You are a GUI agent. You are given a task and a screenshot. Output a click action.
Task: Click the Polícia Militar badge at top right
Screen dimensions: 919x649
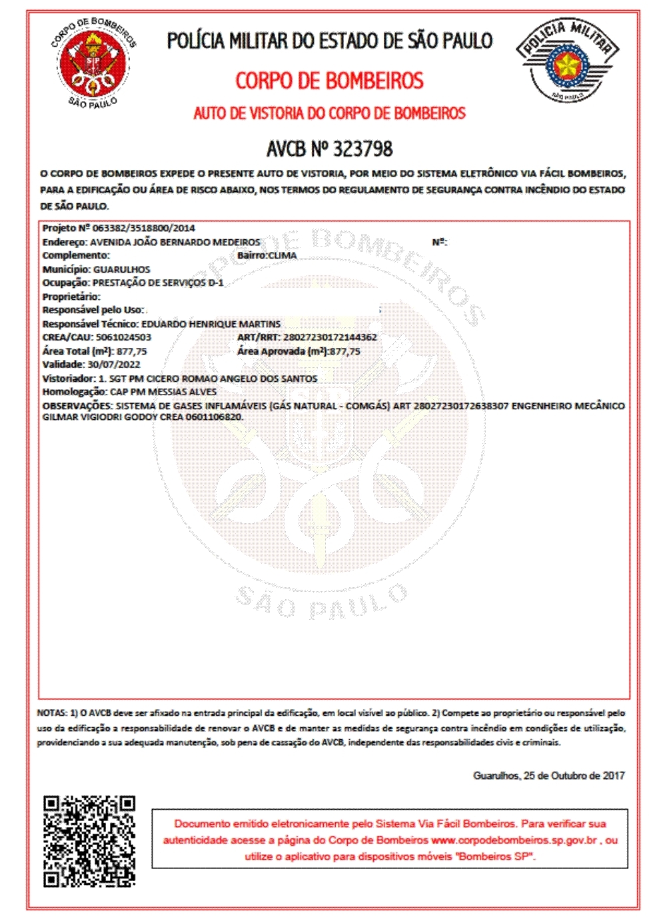pos(566,61)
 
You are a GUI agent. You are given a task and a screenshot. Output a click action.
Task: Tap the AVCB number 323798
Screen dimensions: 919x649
pos(362,148)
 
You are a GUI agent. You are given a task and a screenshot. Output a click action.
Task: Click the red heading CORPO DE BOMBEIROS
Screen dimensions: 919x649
pos(329,81)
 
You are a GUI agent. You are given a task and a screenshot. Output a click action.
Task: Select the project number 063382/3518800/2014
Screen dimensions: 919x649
pos(143,228)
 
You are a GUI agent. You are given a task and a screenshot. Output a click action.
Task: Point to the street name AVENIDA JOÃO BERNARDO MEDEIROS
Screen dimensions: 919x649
pos(175,242)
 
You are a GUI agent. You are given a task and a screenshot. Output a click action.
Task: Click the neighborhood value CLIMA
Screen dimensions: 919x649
pos(283,255)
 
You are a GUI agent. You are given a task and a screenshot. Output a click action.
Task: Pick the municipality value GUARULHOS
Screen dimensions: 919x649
pos(122,269)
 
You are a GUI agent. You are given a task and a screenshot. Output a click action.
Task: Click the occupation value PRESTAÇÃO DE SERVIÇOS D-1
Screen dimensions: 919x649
pos(158,283)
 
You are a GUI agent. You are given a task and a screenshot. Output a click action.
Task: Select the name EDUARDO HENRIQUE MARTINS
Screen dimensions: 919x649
pos(211,324)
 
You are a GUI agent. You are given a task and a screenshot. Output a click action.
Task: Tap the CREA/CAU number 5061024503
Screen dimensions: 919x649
pos(123,337)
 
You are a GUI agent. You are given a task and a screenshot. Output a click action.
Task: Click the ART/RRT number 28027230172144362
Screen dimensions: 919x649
pos(330,337)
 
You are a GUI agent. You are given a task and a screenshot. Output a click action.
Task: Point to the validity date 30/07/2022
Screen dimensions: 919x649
pos(114,365)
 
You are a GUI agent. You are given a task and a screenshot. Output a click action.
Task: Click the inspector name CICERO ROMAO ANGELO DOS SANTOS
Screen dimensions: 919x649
pos(232,379)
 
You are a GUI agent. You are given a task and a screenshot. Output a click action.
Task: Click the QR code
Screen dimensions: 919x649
pos(89,841)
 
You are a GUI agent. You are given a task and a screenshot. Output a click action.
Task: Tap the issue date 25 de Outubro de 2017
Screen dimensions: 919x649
pos(574,776)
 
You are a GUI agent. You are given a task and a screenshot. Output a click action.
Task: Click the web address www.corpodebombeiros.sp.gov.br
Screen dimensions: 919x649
pos(514,840)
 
